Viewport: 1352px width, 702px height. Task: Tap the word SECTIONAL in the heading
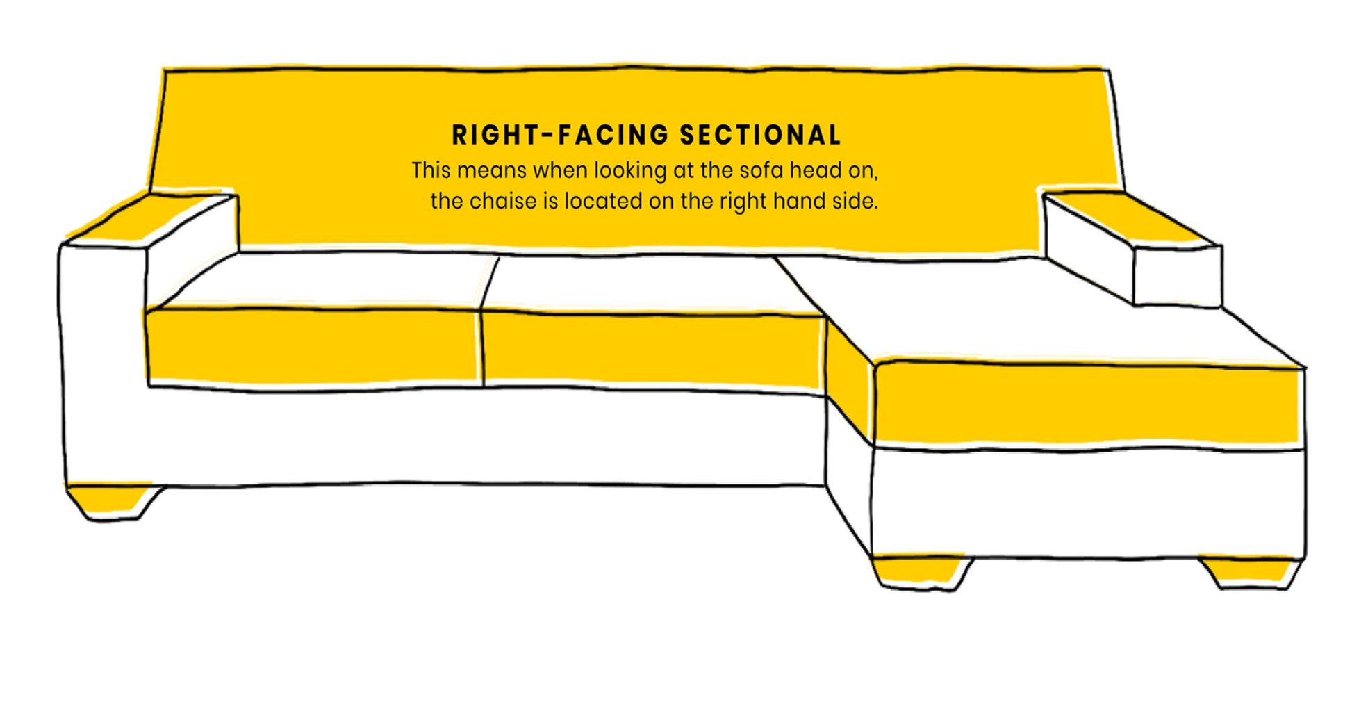coord(760,135)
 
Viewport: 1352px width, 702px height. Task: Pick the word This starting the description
coord(431,170)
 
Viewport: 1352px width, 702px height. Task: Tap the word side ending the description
coord(857,202)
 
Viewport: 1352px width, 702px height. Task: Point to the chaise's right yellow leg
coord(1249,570)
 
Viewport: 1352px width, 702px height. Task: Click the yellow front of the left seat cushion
coord(313,346)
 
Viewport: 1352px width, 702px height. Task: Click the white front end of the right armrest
coord(1177,277)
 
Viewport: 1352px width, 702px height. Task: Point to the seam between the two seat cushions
coord(482,348)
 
